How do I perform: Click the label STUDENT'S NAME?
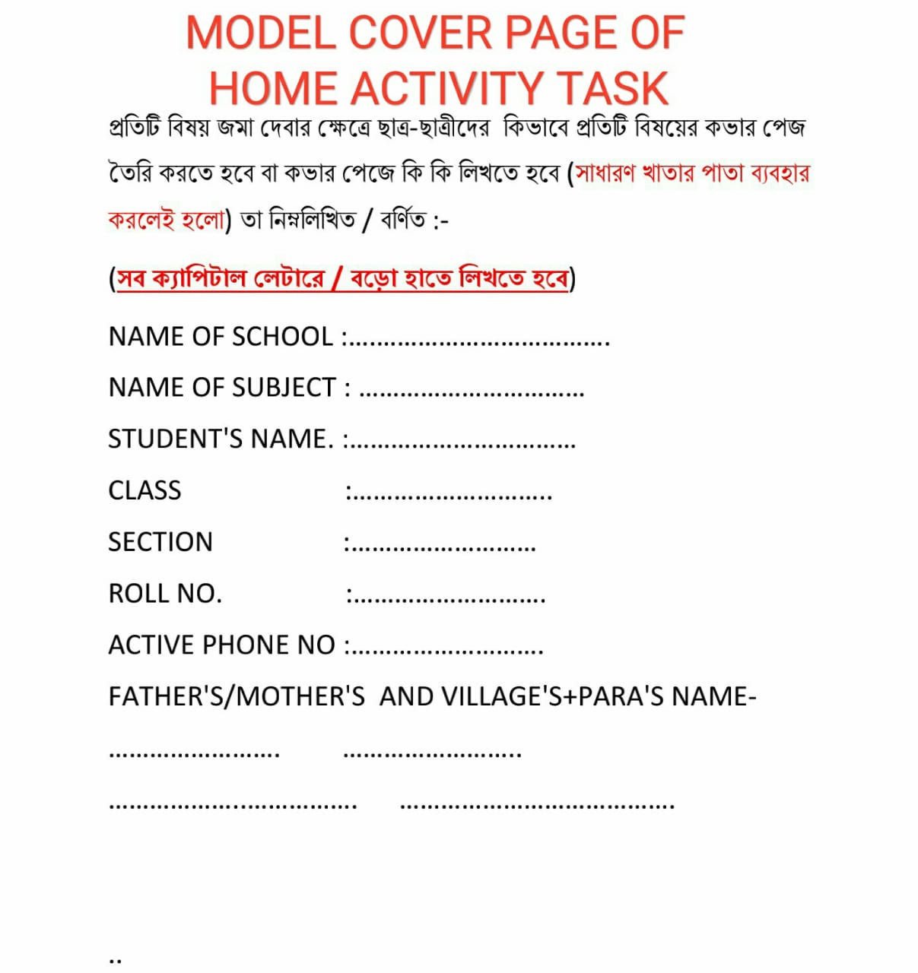[x=221, y=439]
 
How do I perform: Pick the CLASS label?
[x=145, y=490]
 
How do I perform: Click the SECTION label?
[x=160, y=542]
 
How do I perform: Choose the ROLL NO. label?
[x=165, y=593]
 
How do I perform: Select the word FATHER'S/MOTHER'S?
[x=237, y=696]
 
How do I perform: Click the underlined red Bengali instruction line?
[x=342, y=279]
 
